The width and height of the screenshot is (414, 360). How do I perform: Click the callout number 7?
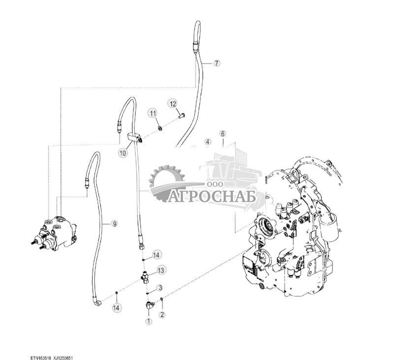click(x=217, y=64)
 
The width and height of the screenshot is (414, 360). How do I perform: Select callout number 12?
click(x=173, y=104)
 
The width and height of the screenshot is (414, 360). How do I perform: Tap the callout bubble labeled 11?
click(x=153, y=114)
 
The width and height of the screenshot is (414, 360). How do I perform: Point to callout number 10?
click(x=123, y=153)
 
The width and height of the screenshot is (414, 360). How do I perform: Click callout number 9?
click(x=114, y=224)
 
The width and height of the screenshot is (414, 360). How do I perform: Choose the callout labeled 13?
click(x=160, y=270)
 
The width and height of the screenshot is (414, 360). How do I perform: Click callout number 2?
click(x=162, y=314)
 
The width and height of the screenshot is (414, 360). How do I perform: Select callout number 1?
click(x=149, y=322)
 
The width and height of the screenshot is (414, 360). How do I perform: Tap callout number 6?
click(x=223, y=134)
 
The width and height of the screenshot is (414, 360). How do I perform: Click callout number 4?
click(x=208, y=142)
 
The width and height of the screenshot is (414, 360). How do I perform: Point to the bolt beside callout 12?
click(x=182, y=116)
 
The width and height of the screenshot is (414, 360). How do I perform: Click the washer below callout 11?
click(x=160, y=129)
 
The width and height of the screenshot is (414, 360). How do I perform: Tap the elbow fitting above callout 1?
click(x=150, y=306)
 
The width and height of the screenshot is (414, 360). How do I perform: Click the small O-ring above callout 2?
click(x=161, y=299)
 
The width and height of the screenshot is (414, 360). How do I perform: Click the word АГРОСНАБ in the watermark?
click(x=212, y=196)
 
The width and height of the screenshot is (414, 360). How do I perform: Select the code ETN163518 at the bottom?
click(x=40, y=358)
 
